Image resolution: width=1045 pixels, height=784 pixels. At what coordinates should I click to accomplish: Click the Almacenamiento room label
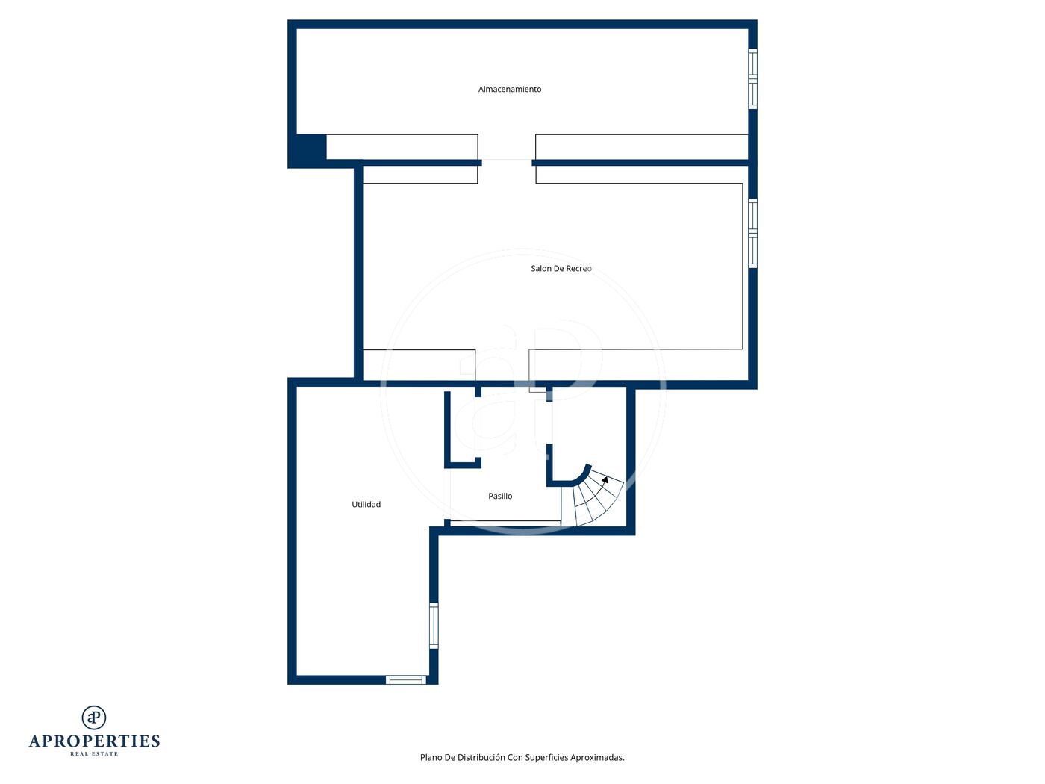tap(509, 89)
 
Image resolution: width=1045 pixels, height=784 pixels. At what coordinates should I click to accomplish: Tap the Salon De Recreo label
tap(561, 269)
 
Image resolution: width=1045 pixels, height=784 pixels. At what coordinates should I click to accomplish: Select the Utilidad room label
tap(366, 505)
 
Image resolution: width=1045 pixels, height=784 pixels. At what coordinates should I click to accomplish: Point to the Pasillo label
tap(500, 496)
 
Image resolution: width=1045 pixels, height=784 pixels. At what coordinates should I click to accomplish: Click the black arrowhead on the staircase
tap(605, 479)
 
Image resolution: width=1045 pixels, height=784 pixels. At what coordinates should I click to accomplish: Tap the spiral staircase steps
tap(592, 497)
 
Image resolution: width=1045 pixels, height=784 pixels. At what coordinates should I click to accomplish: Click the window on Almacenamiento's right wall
tap(752, 79)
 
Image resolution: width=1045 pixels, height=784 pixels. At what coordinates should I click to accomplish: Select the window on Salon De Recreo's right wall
tap(752, 233)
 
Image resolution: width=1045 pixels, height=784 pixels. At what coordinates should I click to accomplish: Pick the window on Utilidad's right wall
tap(434, 626)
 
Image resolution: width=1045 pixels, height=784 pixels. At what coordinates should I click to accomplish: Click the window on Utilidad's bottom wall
tap(405, 679)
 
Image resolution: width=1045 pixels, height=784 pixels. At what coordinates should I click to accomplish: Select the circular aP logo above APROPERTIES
tap(94, 718)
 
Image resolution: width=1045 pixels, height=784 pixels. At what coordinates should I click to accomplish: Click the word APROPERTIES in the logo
tap(94, 741)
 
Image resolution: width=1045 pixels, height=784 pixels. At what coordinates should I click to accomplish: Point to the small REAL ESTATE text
tap(94, 753)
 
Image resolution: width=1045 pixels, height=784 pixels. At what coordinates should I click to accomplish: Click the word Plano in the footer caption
tap(431, 757)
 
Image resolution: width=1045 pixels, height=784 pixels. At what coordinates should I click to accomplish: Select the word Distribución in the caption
tap(481, 757)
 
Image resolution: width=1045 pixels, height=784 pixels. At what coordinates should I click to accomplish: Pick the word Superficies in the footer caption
tap(546, 757)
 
